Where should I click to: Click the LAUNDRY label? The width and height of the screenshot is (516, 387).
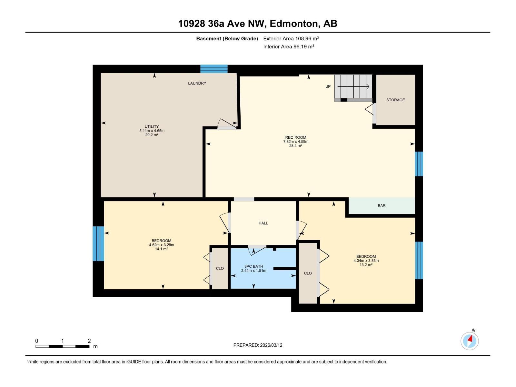coord(197,83)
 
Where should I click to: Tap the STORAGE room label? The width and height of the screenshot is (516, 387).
coord(395,100)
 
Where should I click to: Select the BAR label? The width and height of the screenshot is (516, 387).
coord(382,206)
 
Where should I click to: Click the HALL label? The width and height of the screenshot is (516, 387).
coord(263,223)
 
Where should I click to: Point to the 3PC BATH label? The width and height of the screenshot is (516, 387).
coord(253,266)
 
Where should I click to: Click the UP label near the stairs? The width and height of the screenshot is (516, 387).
coord(328,86)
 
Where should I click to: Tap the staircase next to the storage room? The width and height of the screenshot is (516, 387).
coord(353,87)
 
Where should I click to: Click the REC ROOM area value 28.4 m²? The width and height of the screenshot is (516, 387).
coord(296,146)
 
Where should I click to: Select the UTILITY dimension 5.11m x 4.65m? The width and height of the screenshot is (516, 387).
coord(152,131)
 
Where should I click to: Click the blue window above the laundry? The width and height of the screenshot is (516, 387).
coord(214,69)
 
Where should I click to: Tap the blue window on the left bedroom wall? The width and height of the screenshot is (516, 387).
coord(98,243)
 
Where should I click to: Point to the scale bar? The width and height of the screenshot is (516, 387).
coord(63,346)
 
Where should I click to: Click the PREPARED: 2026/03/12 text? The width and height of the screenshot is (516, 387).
coord(258,345)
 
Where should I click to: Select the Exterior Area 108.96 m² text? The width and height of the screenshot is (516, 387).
coord(291,38)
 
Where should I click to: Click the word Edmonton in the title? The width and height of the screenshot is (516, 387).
coord(293,24)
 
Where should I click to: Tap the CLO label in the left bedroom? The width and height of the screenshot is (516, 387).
coord(220,268)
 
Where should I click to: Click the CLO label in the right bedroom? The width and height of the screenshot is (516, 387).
coord(308,273)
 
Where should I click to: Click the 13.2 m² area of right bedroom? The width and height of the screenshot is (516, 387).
coord(366,265)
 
